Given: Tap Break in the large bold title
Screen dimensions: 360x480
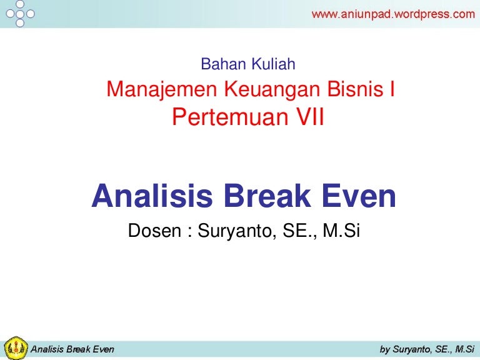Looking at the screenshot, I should (x=266, y=197).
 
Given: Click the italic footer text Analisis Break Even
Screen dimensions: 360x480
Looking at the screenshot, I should (x=72, y=349).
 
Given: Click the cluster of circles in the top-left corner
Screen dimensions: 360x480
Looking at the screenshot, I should (x=19, y=13).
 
